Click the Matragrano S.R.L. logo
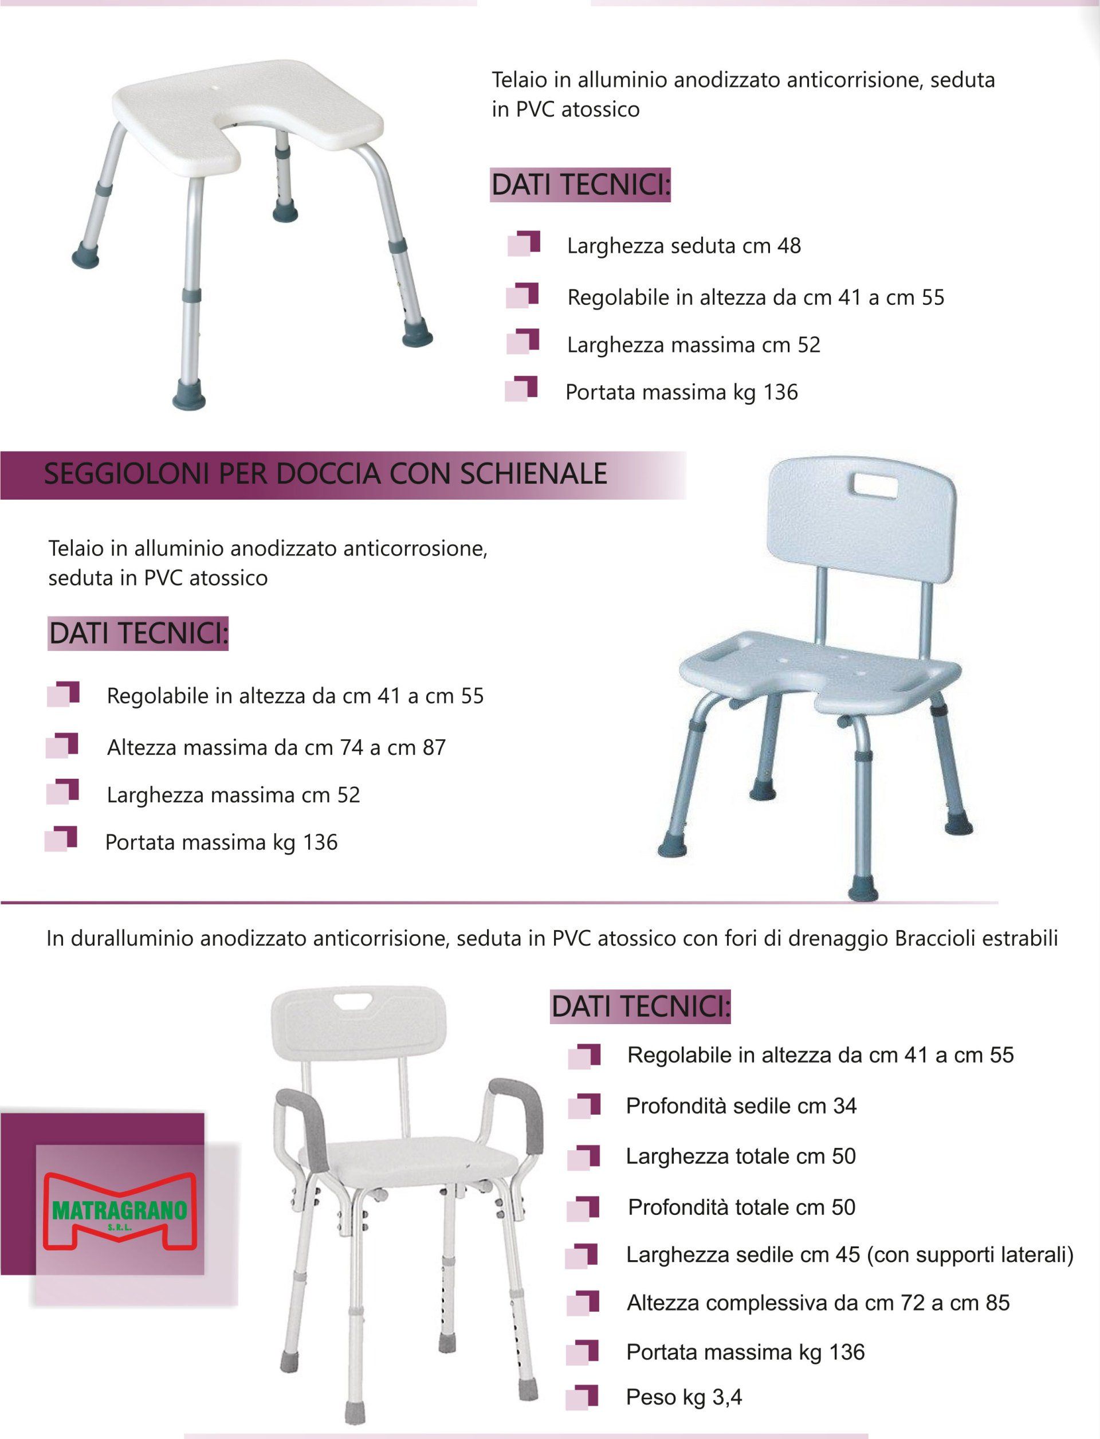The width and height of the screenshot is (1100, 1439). point(119,1213)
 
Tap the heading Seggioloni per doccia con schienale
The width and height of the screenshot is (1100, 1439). point(325,473)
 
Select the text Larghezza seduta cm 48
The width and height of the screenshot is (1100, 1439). point(683,246)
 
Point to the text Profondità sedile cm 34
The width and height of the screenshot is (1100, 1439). point(741,1106)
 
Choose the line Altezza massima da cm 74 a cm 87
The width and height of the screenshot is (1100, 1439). point(276,747)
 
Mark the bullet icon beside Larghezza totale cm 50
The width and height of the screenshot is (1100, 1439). point(583,1158)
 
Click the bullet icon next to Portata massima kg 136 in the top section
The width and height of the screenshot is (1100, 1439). point(521,389)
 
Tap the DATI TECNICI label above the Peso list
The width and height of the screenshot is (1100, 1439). point(641,1007)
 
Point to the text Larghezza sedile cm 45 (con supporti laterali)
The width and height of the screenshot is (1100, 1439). point(850,1255)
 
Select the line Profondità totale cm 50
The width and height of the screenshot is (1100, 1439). point(742,1207)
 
